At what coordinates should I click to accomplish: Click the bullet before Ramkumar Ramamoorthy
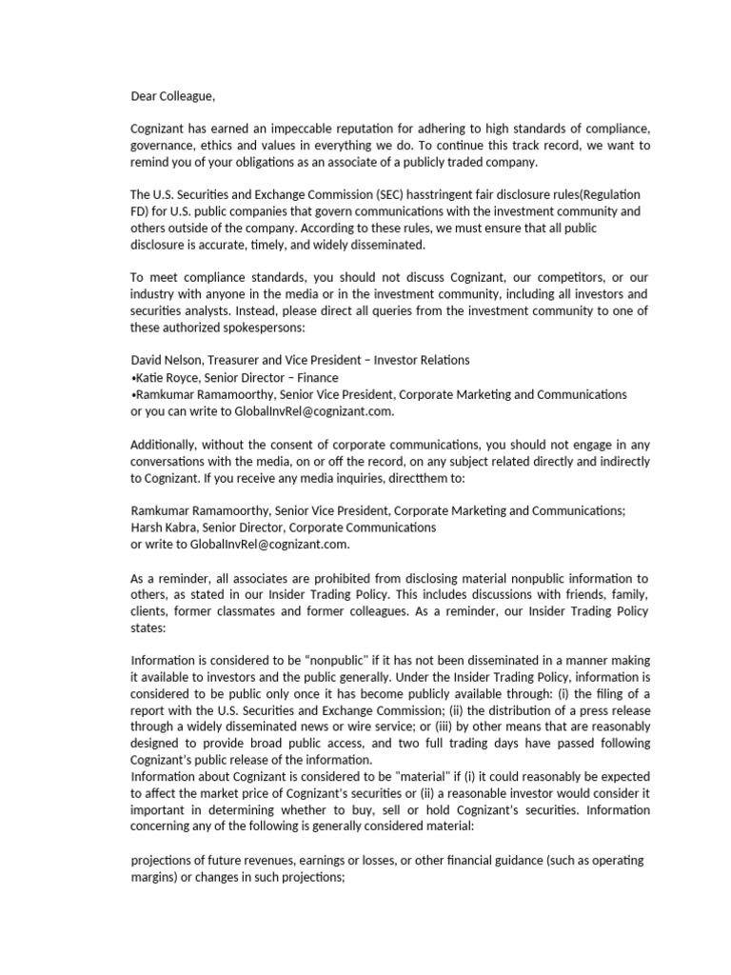coord(132,394)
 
